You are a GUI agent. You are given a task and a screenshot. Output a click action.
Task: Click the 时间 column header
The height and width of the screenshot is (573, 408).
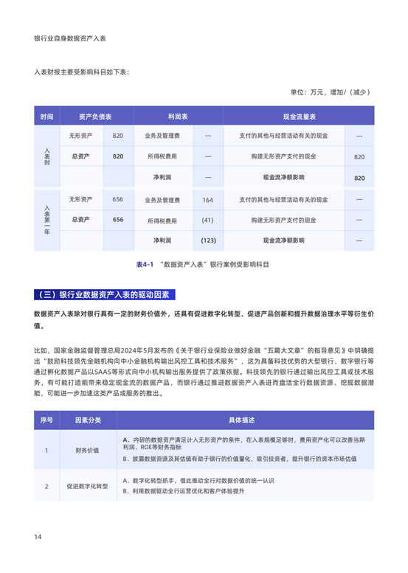click(x=46, y=117)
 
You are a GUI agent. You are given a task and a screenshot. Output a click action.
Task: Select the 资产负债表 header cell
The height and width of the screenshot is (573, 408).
click(x=94, y=117)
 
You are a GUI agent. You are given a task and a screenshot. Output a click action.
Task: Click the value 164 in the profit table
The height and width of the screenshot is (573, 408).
click(x=207, y=200)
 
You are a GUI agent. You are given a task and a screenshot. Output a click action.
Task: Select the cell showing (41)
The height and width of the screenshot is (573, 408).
click(x=207, y=220)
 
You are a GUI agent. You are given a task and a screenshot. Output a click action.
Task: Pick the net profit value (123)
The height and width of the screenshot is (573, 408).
click(x=207, y=240)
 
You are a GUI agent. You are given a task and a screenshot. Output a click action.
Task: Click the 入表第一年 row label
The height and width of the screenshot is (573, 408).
click(x=46, y=220)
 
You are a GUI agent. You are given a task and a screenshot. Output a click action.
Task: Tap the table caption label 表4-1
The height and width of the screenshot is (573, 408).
click(x=144, y=263)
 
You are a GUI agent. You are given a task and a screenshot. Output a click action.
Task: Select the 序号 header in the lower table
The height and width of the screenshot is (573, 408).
click(x=46, y=420)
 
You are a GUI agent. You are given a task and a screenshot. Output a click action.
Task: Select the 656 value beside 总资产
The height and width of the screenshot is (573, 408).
click(x=118, y=220)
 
